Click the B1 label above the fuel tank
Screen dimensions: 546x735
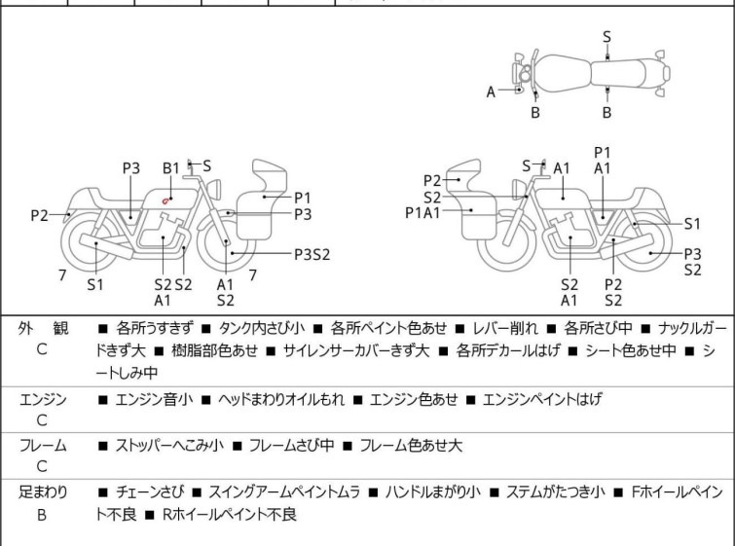tap(170, 168)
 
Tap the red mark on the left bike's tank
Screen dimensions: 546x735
tap(167, 200)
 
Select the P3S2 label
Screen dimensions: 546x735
tap(312, 255)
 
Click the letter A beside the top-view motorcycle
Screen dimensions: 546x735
tap(492, 91)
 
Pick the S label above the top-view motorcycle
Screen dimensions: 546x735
tap(606, 37)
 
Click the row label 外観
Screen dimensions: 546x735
tap(43, 329)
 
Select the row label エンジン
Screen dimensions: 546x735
tap(43, 399)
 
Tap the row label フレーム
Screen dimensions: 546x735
tap(43, 446)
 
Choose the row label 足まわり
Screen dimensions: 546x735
tap(43, 492)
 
